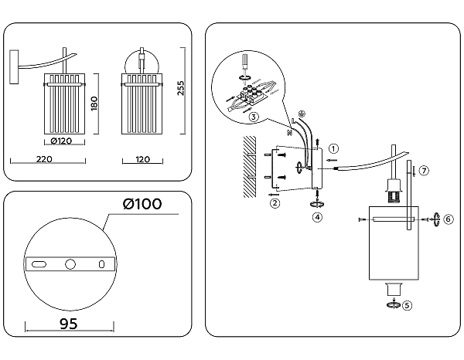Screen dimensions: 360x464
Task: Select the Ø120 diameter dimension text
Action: tap(63, 141)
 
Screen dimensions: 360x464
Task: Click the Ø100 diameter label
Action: tap(143, 204)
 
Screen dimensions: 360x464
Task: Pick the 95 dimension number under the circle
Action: tap(68, 324)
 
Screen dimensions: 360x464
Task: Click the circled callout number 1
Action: tap(333, 148)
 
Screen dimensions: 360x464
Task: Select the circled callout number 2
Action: tap(274, 204)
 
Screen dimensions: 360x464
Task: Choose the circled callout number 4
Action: tap(317, 218)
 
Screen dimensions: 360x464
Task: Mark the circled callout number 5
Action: tap(408, 304)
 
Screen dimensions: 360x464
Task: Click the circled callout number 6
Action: tap(448, 219)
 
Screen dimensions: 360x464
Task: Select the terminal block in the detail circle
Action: tap(252, 93)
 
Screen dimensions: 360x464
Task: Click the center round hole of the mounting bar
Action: tap(70, 264)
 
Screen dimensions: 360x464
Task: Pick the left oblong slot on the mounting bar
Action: tap(37, 264)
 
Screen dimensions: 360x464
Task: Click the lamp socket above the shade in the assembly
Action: tap(391, 190)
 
